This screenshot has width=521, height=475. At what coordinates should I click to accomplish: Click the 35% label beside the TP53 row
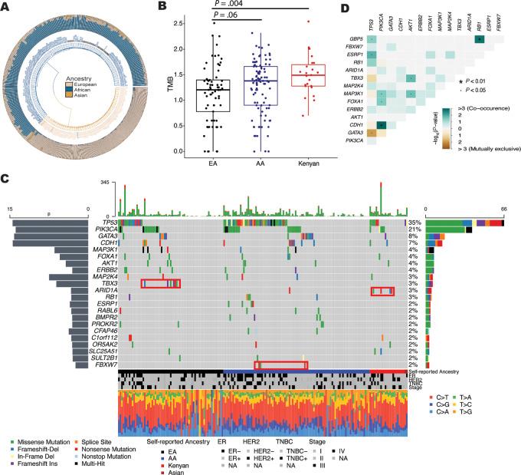click(413, 222)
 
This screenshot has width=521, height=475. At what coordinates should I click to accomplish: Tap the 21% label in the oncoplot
click(413, 229)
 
